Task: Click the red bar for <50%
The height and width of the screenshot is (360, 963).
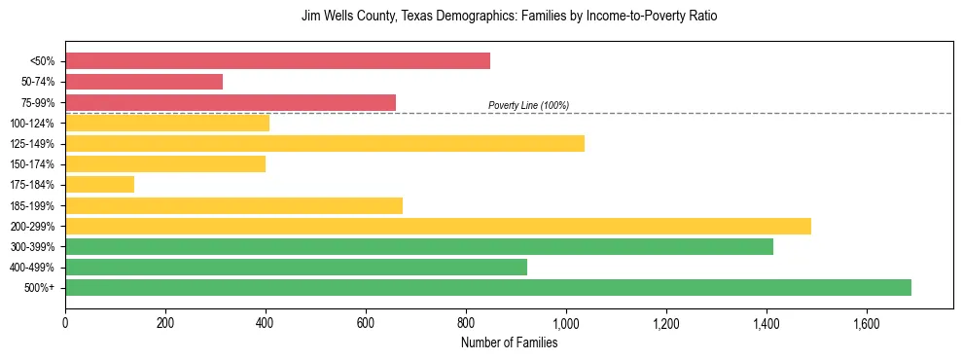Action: pyautogui.click(x=277, y=61)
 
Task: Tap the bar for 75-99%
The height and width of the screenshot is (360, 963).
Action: pyautogui.click(x=231, y=102)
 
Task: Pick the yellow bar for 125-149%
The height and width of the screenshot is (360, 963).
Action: pyautogui.click(x=325, y=143)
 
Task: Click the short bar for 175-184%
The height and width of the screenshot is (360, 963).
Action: pyautogui.click(x=99, y=184)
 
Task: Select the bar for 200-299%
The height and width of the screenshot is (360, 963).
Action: pyautogui.click(x=438, y=226)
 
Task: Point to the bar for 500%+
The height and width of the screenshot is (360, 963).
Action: pyautogui.click(x=488, y=287)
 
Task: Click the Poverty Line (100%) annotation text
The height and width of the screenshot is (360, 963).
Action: pyautogui.click(x=528, y=105)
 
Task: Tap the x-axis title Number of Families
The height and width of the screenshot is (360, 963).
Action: pyautogui.click(x=509, y=342)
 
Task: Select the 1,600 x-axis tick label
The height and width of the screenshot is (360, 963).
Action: pyautogui.click(x=867, y=322)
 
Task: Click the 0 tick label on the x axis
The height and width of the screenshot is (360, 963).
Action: pyautogui.click(x=65, y=322)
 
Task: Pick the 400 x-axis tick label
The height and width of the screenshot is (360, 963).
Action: pyautogui.click(x=266, y=322)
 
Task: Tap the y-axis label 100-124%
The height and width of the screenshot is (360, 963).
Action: pyautogui.click(x=32, y=124)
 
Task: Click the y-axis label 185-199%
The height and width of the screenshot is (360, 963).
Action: pyautogui.click(x=32, y=205)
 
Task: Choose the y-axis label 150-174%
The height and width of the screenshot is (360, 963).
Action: pyautogui.click(x=32, y=164)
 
